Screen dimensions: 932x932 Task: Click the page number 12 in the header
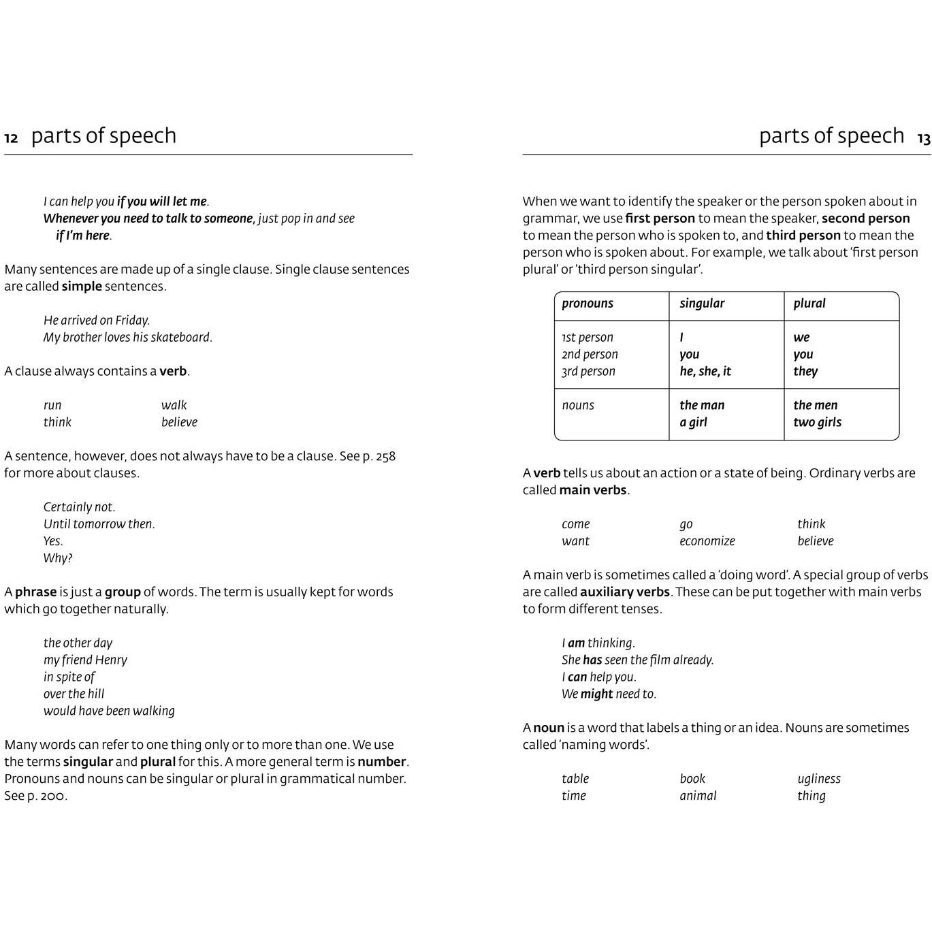[11, 139]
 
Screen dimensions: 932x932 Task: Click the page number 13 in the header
[923, 139]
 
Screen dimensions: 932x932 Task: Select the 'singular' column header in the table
[701, 304]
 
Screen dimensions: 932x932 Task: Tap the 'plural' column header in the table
[809, 304]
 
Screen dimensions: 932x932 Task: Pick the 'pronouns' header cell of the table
[587, 304]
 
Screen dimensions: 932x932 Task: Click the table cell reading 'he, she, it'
[705, 371]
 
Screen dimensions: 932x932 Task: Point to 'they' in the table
[805, 371]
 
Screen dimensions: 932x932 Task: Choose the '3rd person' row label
[588, 371]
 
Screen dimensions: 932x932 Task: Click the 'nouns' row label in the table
[578, 405]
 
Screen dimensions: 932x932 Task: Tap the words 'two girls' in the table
[817, 422]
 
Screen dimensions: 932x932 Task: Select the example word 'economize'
[707, 541]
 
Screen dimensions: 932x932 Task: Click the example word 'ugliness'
[819, 779]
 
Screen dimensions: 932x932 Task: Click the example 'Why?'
[58, 558]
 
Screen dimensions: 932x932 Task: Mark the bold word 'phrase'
[36, 592]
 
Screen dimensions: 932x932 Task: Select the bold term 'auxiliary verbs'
[624, 592]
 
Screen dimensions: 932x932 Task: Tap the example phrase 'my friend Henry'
[85, 660]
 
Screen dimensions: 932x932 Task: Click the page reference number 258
[385, 456]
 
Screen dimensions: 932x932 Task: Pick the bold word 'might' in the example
[596, 694]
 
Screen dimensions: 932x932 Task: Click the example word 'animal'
[698, 796]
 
